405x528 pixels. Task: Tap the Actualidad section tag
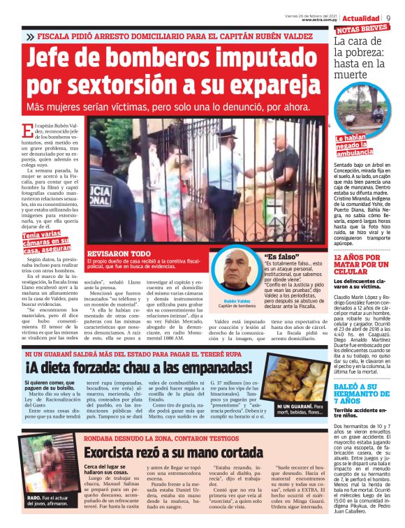[361, 17]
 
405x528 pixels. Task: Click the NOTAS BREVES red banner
[362, 29]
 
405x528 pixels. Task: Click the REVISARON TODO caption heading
[118, 253]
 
